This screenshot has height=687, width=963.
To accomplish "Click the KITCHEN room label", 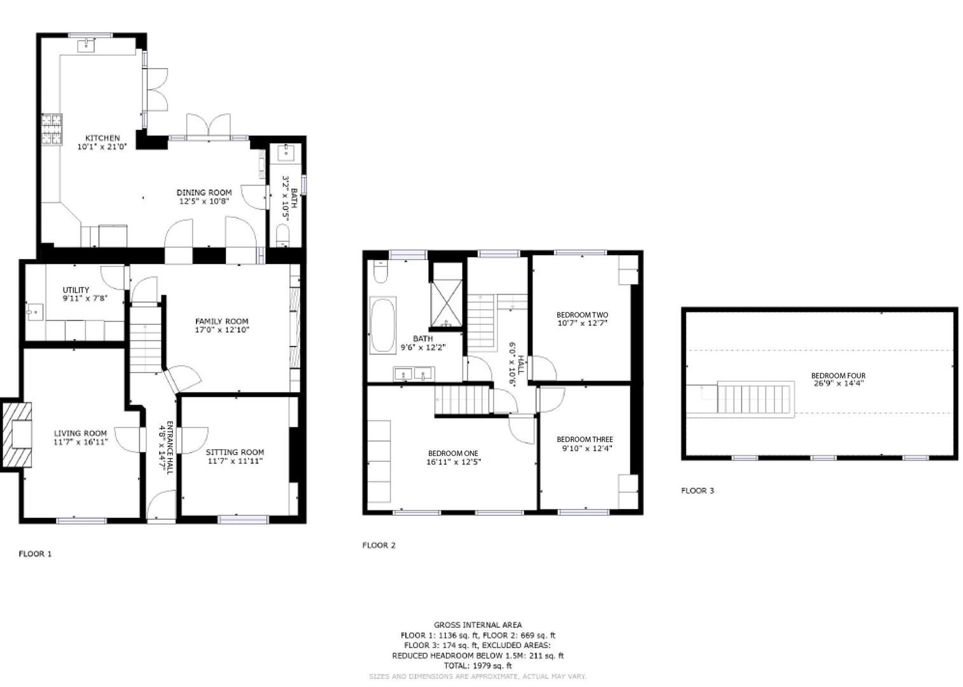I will pos(102,138).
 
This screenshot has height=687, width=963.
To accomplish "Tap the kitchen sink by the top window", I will pos(86,45).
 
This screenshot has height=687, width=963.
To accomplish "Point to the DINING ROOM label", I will pos(204,192).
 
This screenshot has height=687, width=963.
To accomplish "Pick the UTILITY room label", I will pos(76,290).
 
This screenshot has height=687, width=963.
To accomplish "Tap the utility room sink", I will pos(35,312).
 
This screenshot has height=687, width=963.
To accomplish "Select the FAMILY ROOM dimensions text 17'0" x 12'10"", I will pos(221,330).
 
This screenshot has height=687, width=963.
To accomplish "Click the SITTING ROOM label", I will pos(235,452).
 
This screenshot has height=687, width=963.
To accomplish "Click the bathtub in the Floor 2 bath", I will pos(383,325).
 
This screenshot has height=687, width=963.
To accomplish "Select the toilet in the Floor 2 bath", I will pos(380,272).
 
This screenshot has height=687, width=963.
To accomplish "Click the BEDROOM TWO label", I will pos(582,315).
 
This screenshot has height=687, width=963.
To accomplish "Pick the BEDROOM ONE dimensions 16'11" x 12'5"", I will pos(453,462).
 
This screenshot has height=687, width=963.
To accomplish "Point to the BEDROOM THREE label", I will pos(585,440).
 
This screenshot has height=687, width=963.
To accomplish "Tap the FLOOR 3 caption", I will pos(697,490).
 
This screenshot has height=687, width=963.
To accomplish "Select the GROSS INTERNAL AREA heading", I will pos(478,625).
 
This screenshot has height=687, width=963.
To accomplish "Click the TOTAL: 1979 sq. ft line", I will pos(478,665).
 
